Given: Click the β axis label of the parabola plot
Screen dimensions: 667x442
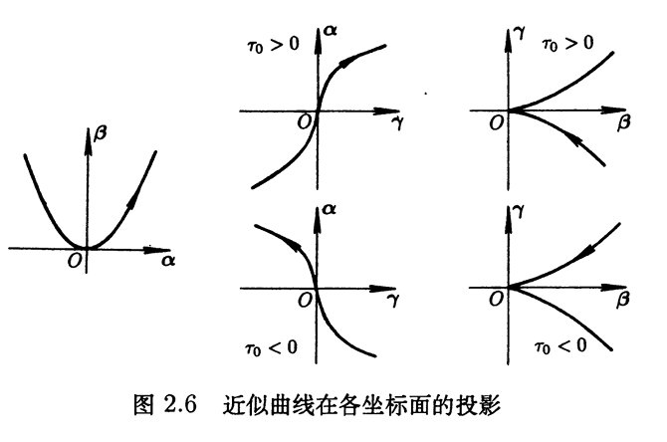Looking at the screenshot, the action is coord(100,132).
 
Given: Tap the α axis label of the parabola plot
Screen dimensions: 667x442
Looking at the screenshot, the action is coord(168,260).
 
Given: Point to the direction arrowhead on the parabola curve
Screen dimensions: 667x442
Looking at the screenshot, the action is coord(134,199).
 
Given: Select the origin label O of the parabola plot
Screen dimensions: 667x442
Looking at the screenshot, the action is coord(75,260).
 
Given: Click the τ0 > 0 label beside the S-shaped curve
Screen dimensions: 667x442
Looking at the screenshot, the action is coord(273,44).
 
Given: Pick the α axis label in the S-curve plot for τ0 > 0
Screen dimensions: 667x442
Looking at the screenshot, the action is coord(330,30).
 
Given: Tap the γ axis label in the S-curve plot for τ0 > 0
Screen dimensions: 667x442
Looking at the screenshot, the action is coord(397,122).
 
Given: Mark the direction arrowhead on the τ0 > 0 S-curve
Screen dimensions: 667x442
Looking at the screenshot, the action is coord(347,62).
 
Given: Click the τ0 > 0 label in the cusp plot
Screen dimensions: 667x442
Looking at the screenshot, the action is coord(567,44).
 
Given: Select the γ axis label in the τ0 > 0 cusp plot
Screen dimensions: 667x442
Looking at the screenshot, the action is coord(520,32).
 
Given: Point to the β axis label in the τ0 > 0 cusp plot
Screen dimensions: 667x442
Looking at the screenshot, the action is coord(623,122).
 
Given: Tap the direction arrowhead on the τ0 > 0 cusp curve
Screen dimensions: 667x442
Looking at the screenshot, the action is coord(573,138).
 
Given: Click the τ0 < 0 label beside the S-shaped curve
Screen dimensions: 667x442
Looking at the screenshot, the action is coord(271,348).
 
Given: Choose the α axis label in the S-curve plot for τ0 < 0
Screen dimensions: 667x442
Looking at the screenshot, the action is coord(330,209).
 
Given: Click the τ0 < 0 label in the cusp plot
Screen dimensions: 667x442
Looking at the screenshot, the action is coord(560,346).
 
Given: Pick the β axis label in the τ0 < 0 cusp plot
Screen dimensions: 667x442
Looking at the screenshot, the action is coord(623,300).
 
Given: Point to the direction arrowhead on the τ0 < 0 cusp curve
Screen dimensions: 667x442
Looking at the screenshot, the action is coord(587,251).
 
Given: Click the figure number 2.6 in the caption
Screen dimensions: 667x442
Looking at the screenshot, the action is coord(180,404).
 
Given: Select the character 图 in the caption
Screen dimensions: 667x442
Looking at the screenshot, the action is coord(143,404).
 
